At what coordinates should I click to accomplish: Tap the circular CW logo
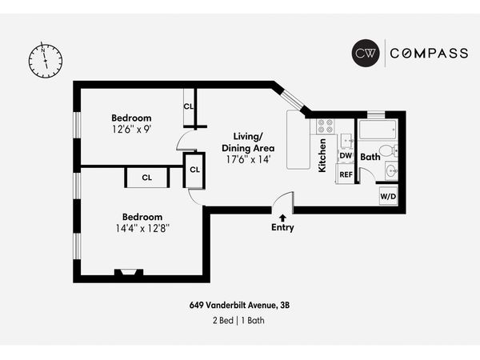coord(367,54)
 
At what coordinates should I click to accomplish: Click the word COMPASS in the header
coord(428,54)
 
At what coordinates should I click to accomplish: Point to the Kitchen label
coord(322,155)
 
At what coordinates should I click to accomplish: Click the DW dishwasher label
coord(346,156)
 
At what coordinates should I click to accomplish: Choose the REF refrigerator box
coord(346,174)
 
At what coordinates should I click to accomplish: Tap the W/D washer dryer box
coord(387,196)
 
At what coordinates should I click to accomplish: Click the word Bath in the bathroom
coord(370,158)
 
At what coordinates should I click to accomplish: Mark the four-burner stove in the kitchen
coord(325,126)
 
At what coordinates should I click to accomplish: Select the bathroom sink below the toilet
coord(391,170)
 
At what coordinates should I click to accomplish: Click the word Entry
coord(282,227)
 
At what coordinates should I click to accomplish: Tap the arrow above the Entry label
coord(282,216)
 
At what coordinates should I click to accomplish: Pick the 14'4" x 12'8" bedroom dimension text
coord(142,228)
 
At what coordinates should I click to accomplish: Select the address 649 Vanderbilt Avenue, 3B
coord(239,304)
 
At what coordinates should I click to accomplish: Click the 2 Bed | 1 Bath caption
coord(239,320)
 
